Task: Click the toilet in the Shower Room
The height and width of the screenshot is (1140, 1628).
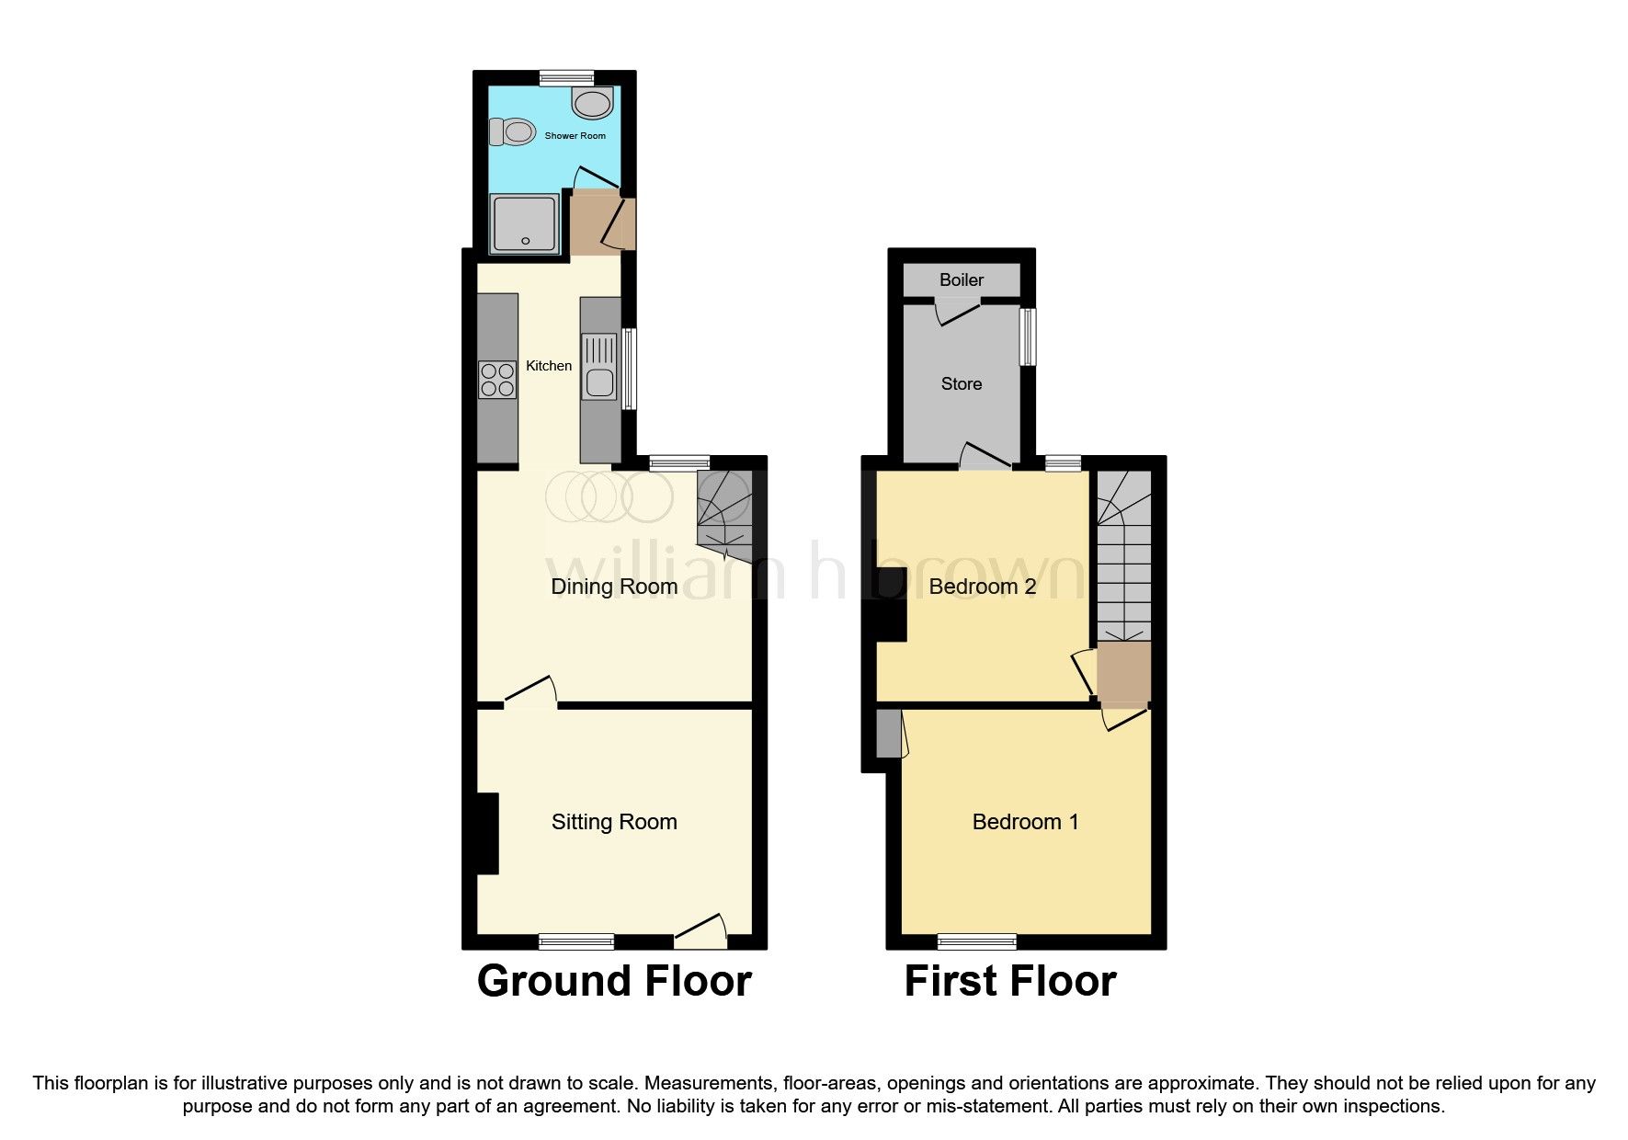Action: (x=513, y=132)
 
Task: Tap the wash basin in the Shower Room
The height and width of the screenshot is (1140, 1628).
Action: (x=592, y=102)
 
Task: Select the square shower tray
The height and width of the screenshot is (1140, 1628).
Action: (x=525, y=223)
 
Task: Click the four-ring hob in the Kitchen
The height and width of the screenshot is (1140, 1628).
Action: (x=497, y=380)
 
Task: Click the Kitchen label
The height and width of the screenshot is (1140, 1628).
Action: (x=549, y=366)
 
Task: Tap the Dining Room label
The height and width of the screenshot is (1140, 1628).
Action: (x=614, y=587)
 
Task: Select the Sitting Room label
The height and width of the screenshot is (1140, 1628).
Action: (x=614, y=822)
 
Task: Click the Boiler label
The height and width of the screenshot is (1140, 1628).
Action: (x=962, y=280)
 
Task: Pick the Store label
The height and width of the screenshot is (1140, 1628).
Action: (x=962, y=384)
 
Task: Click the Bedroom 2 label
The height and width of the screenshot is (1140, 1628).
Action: (x=983, y=587)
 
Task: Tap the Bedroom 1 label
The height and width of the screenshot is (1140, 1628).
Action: (x=1025, y=822)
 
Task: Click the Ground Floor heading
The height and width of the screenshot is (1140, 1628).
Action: (x=614, y=981)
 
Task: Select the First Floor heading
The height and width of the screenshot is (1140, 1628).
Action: (x=1010, y=981)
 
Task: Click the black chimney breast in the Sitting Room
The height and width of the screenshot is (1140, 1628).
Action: (x=486, y=833)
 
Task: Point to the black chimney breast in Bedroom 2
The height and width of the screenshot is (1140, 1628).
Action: (x=890, y=604)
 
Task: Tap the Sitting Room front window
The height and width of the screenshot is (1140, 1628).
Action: (x=576, y=940)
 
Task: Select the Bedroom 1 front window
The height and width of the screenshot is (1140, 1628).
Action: (x=977, y=940)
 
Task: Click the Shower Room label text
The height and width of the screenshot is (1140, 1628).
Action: (x=575, y=136)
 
